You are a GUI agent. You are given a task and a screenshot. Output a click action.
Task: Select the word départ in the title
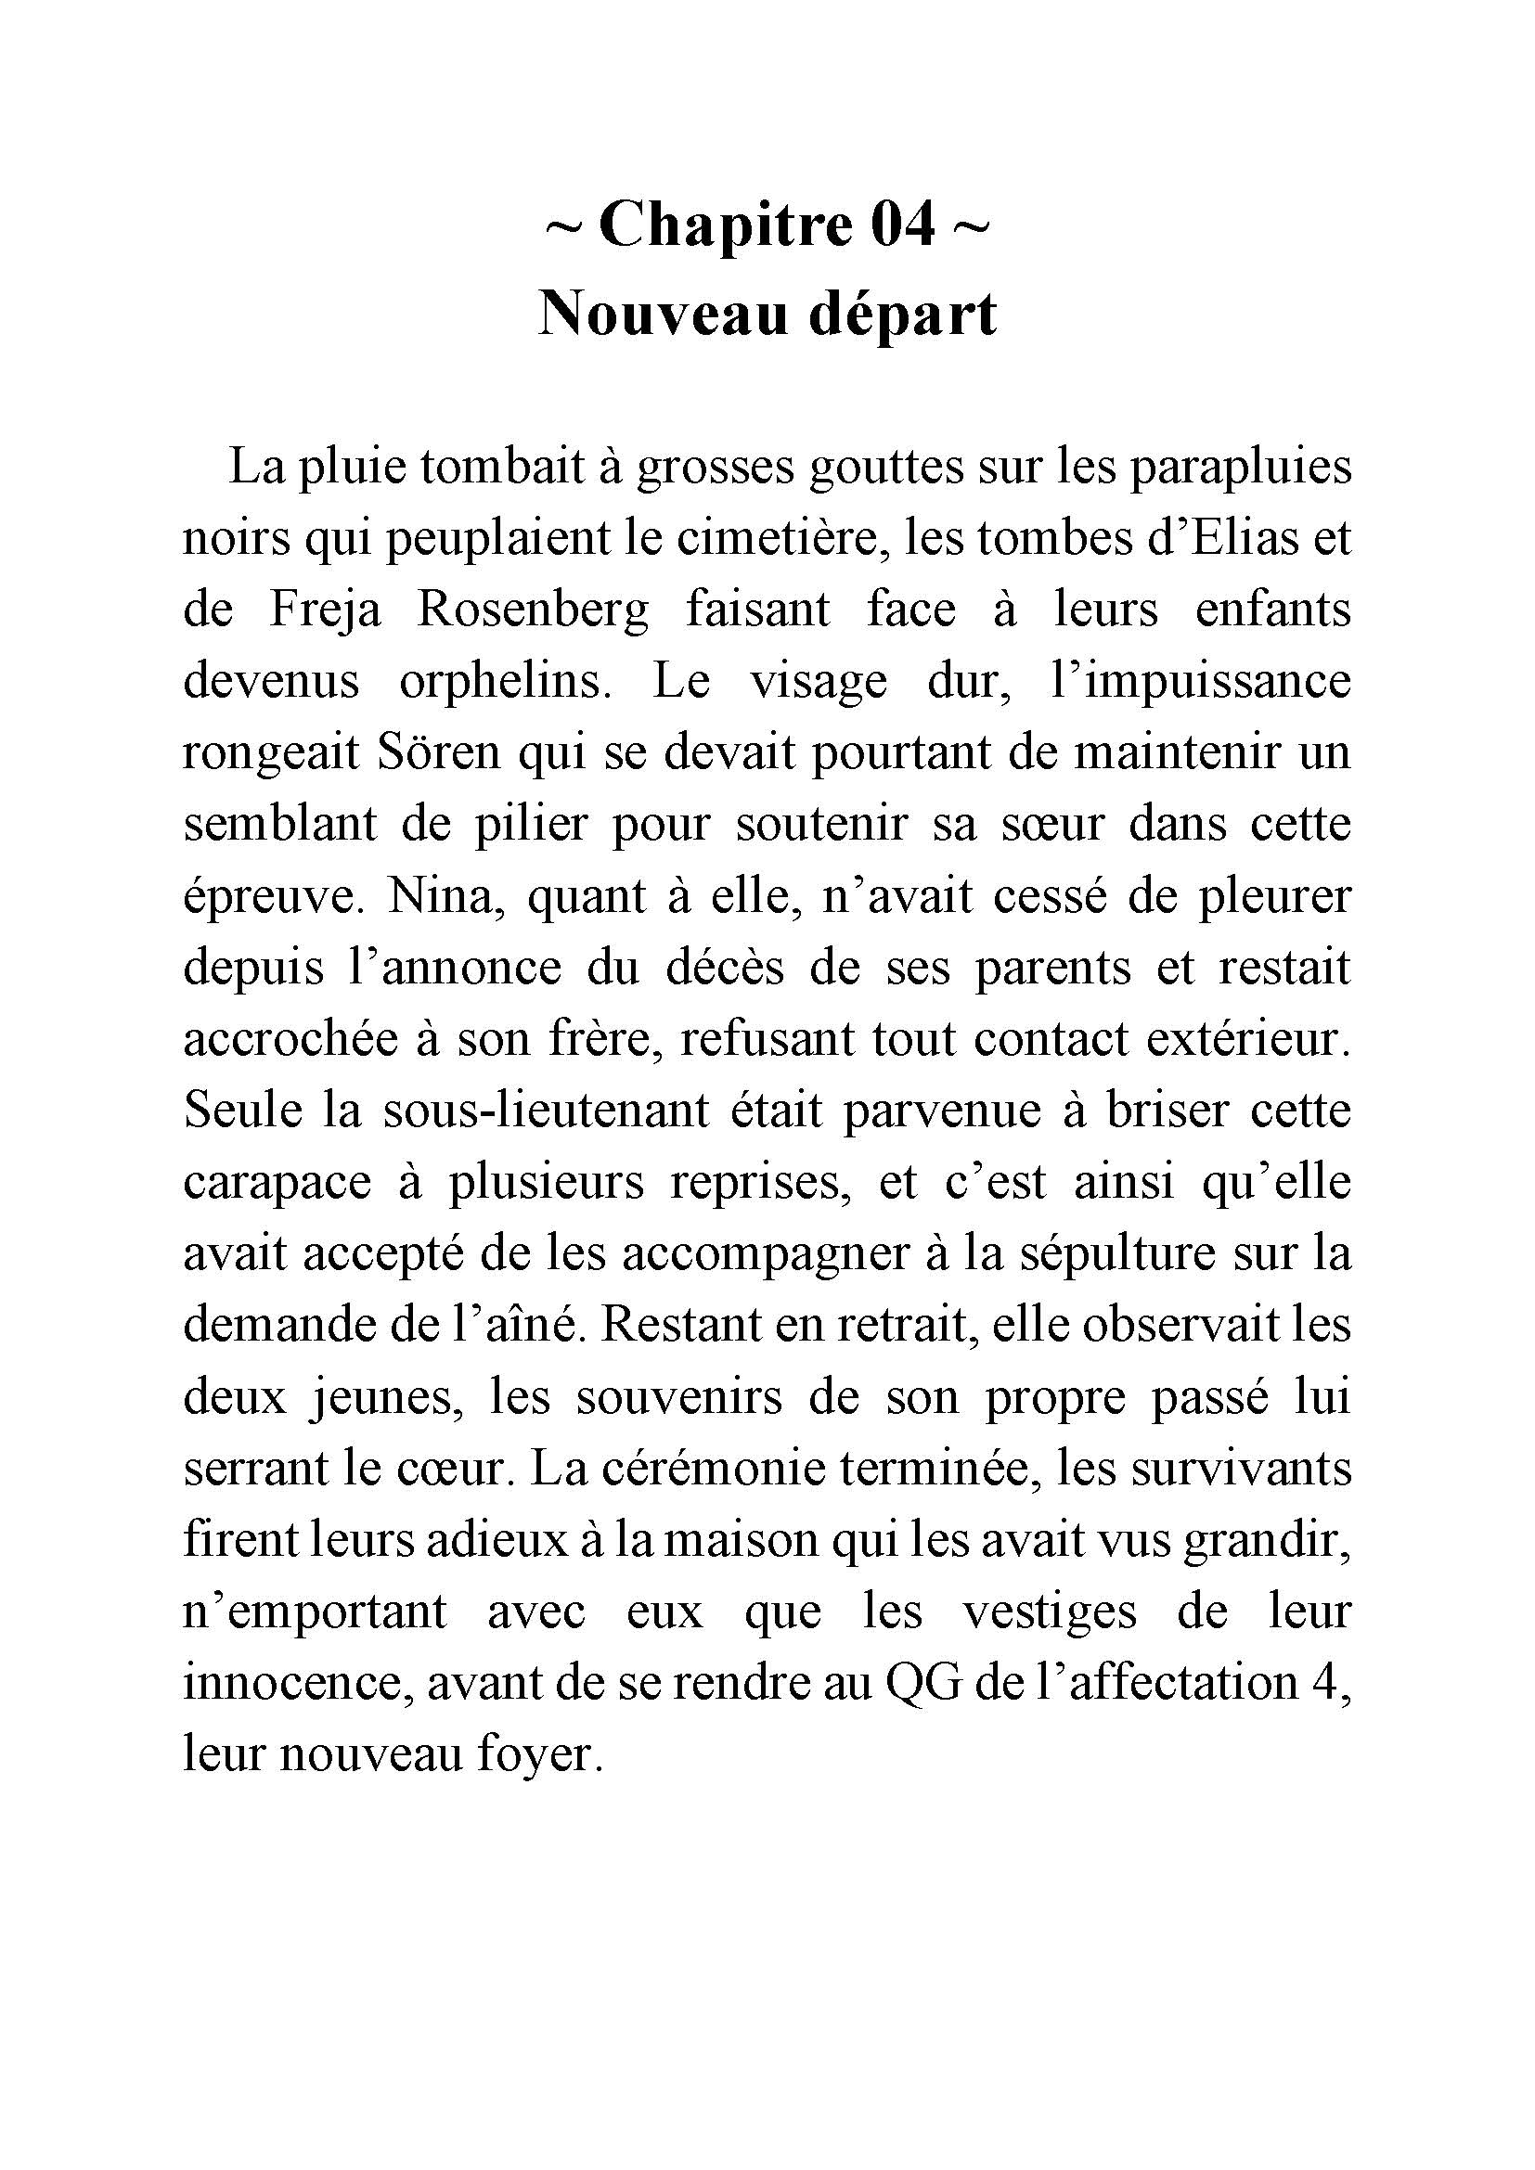[x=903, y=315]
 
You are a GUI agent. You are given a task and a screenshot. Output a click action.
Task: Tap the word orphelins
[x=504, y=683]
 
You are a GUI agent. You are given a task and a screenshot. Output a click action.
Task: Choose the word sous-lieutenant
[x=547, y=1111]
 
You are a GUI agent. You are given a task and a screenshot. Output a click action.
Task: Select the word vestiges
[x=1050, y=1611]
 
